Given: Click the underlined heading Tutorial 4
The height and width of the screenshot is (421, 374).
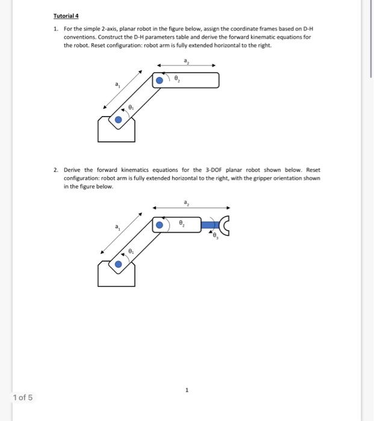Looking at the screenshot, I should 66,16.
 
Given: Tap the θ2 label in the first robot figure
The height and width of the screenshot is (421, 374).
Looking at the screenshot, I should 176,79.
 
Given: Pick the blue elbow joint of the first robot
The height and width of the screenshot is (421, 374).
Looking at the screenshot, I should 159,80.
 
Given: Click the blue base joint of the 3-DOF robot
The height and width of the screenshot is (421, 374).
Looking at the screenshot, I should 118,264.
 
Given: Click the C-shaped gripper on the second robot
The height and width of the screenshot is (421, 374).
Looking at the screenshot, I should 226,224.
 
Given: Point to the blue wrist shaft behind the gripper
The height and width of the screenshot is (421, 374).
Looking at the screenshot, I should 211,224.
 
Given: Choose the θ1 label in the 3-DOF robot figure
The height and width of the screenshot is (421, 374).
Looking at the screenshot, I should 131,250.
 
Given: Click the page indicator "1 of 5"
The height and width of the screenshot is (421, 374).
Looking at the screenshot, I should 23,398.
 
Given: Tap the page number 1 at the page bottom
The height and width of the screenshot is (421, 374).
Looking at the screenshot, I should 187,390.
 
